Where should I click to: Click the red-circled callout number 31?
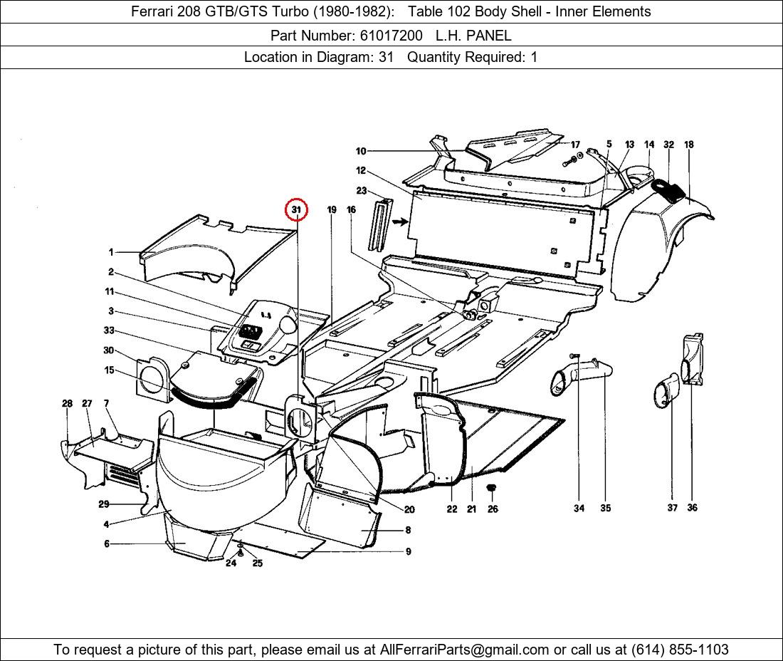[297, 210]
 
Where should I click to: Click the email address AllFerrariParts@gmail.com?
[465, 649]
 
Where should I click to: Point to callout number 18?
[688, 145]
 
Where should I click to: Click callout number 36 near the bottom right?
[692, 508]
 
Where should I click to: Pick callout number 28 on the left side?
[67, 403]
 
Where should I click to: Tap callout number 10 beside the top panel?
[361, 151]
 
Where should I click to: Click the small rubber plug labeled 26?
[491, 488]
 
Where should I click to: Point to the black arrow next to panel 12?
[400, 222]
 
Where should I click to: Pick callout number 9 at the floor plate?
[408, 551]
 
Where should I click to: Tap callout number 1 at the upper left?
[111, 252]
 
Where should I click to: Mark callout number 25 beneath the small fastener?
[257, 563]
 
